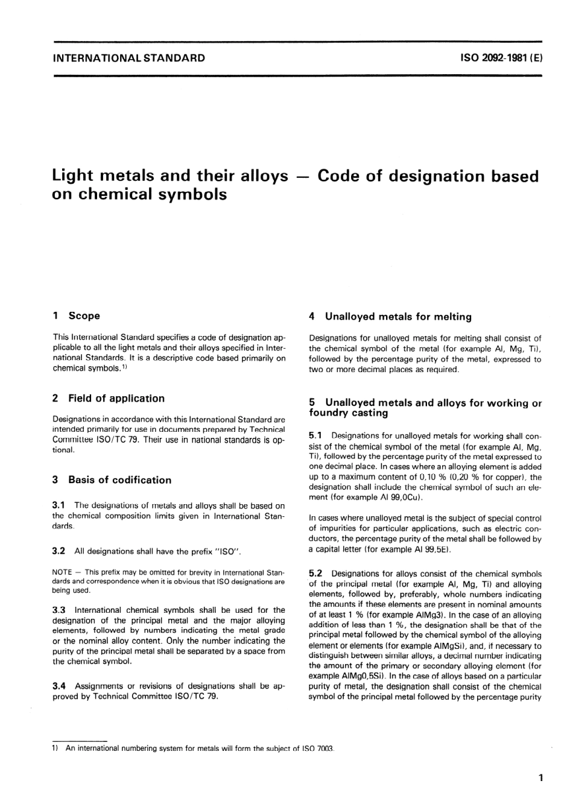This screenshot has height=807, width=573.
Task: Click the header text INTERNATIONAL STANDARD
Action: (x=129, y=59)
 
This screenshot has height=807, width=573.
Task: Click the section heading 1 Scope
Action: (x=77, y=315)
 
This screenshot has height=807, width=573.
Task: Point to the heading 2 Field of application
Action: (x=109, y=398)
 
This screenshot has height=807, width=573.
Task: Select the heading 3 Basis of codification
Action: (x=112, y=480)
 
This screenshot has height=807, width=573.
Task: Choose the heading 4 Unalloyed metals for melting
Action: (x=390, y=316)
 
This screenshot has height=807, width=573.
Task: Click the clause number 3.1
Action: (x=59, y=505)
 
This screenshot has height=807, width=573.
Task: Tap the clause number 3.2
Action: (x=59, y=551)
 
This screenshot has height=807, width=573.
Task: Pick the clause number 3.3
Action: (x=59, y=610)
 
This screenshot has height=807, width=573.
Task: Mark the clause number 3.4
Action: (x=59, y=686)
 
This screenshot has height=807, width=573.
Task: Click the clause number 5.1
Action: (x=315, y=435)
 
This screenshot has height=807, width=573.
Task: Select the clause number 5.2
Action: (x=315, y=574)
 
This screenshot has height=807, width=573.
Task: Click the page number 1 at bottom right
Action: (x=540, y=778)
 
